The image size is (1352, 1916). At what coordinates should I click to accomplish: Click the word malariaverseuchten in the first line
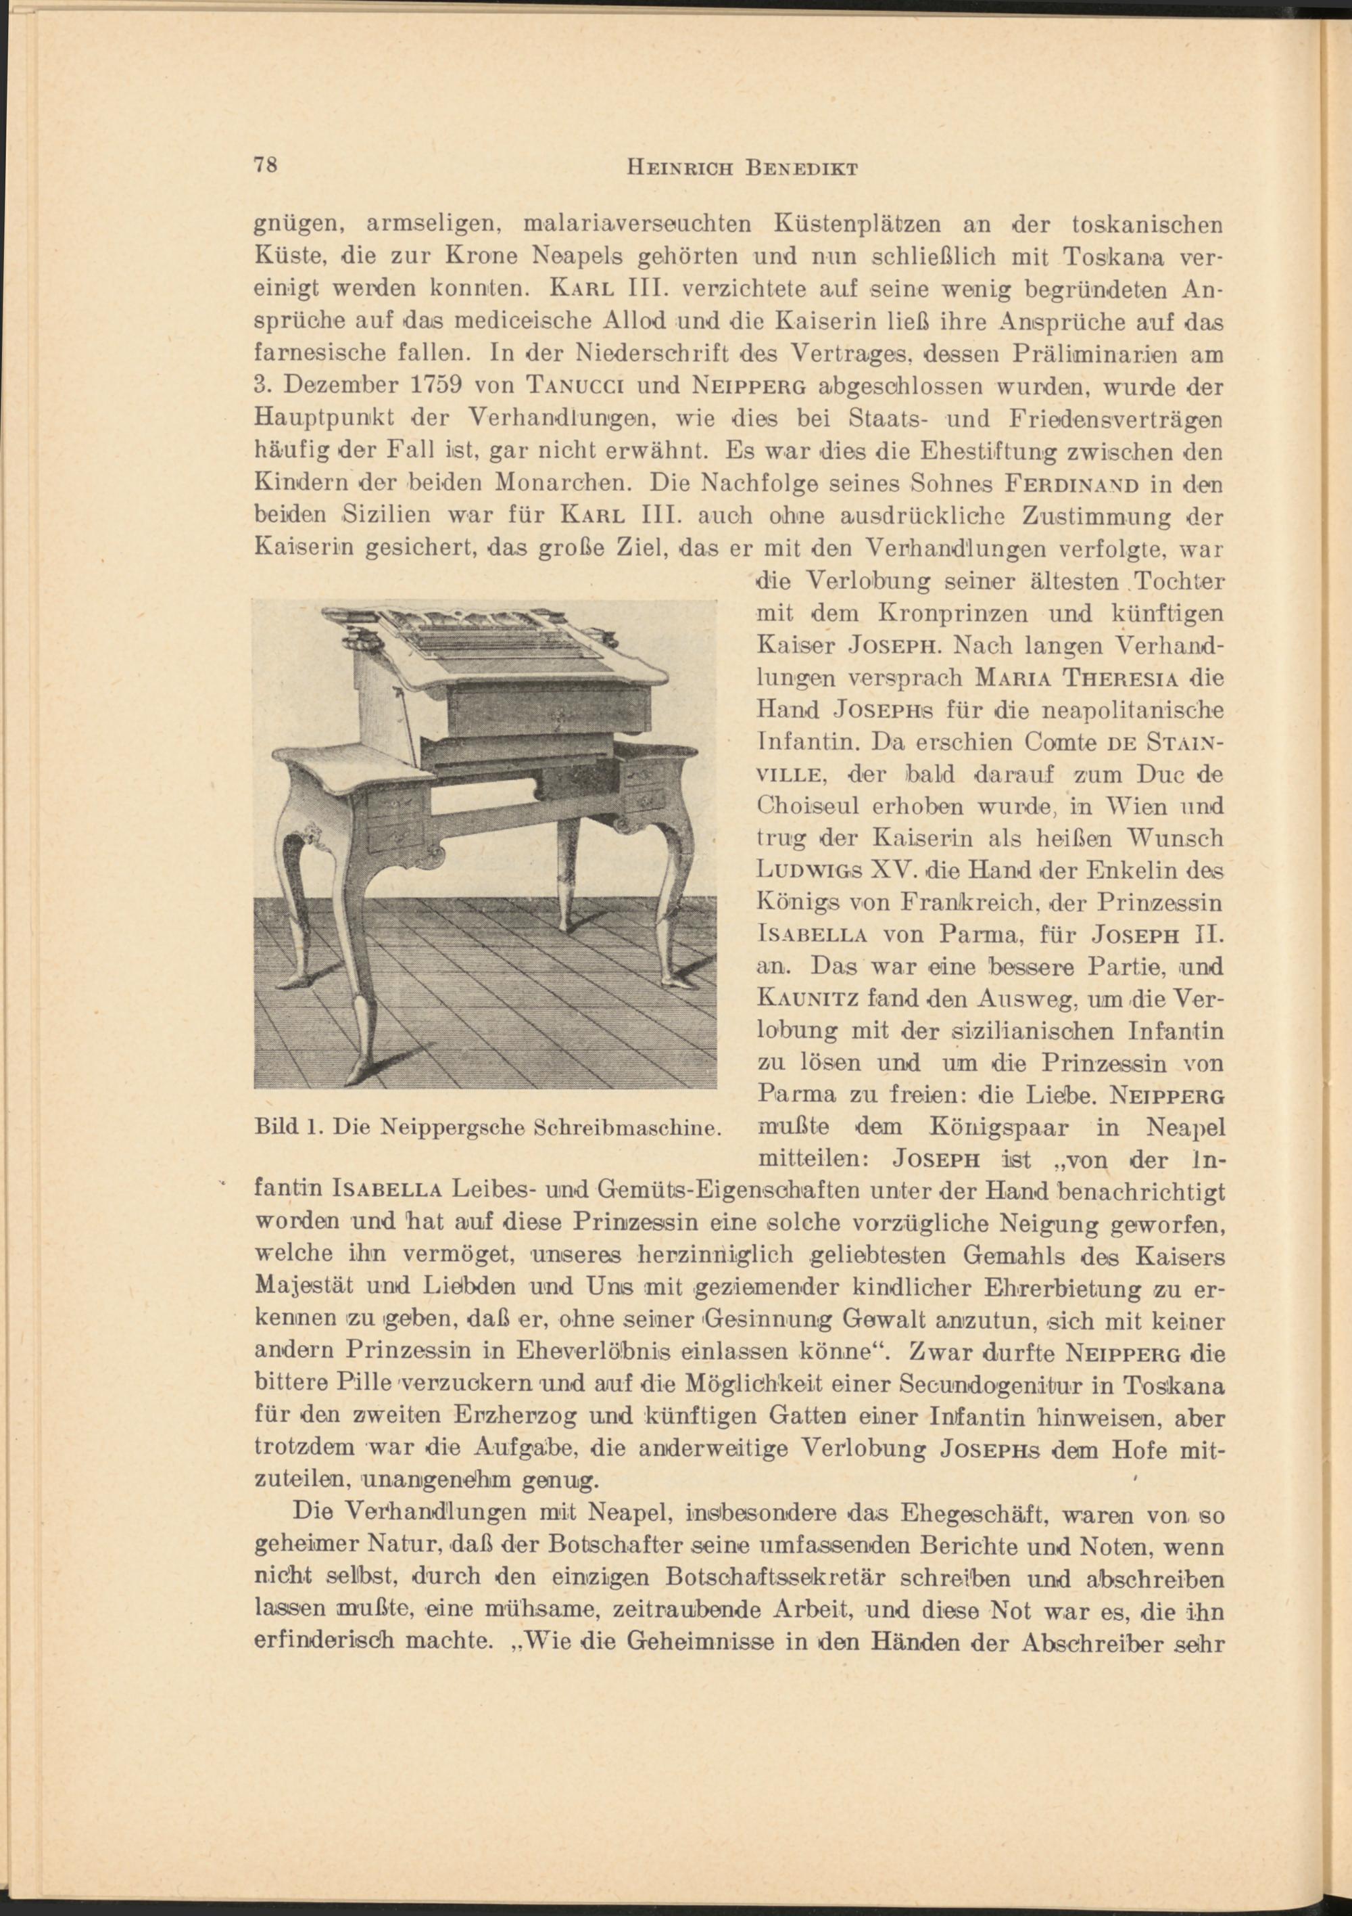[637, 225]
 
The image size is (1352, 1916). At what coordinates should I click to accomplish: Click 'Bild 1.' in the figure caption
[288, 1129]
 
